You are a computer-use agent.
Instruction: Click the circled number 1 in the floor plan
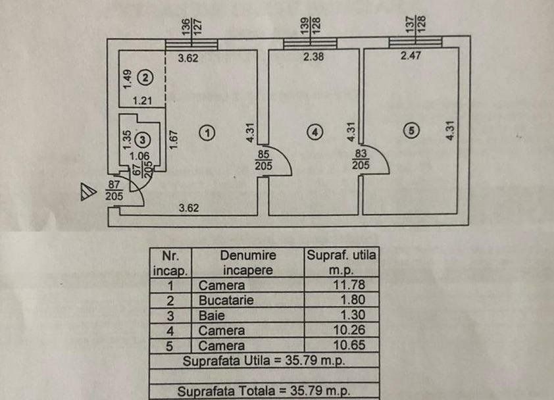coord(207,132)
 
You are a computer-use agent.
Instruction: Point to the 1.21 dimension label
coord(142,101)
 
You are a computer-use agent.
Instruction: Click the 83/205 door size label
coord(361,160)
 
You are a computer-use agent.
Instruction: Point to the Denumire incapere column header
coord(247,262)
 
